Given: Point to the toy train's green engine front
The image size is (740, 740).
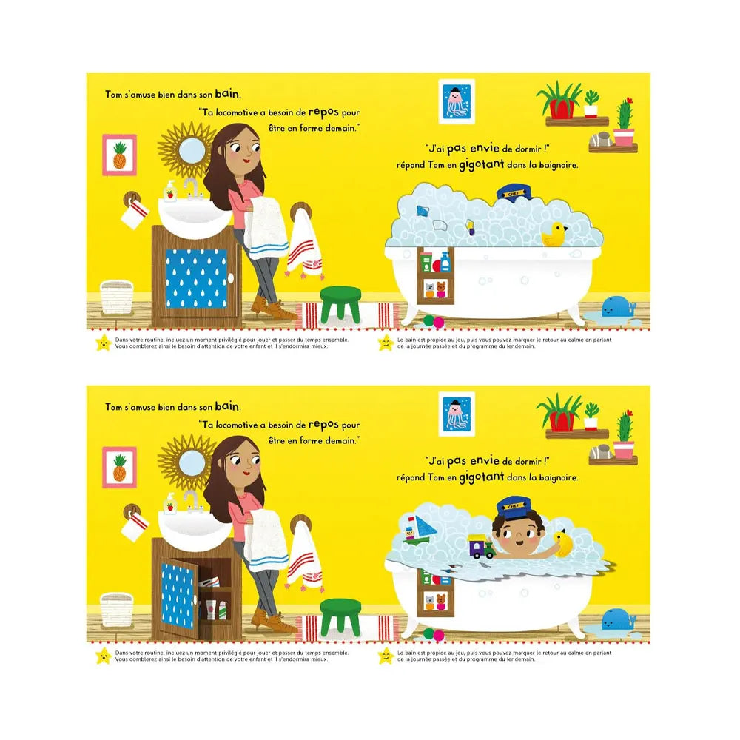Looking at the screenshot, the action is coord(488,549).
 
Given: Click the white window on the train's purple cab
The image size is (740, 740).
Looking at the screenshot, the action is coord(476,547).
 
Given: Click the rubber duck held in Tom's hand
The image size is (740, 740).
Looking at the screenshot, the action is coord(562,542).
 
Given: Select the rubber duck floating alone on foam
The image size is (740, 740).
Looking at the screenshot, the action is coord(554,235).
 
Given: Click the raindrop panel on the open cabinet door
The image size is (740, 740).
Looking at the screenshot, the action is coord(178,596).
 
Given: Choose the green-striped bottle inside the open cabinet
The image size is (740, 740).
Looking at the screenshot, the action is coord(223,610).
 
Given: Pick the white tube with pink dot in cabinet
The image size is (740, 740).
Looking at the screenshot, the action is coord(210,609).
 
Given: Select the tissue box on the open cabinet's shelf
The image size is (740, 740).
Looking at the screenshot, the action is coord(209,582).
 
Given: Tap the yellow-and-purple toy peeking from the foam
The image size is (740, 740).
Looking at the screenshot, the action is coord(471,227).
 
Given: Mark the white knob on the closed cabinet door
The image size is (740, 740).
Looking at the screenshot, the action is coord(230,278).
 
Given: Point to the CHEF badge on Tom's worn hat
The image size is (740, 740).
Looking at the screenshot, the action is coord(514,506).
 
